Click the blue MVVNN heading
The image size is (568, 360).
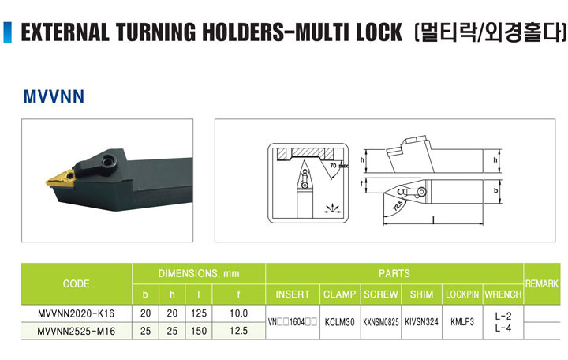(x=54, y=96)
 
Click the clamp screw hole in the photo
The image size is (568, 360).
(x=107, y=159)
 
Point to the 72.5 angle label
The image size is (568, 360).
(x=398, y=205)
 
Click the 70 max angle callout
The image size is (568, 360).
(x=338, y=166)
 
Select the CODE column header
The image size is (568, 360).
(x=76, y=283)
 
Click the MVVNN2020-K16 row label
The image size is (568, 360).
(x=76, y=313)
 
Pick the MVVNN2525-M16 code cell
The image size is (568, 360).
(x=76, y=331)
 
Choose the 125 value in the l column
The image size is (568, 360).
(x=199, y=313)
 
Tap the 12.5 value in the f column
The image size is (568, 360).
(x=238, y=331)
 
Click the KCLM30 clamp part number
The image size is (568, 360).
(x=339, y=322)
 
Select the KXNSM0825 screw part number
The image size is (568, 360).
(x=381, y=322)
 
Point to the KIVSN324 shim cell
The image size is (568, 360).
(x=421, y=322)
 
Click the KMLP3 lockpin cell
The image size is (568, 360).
(x=462, y=322)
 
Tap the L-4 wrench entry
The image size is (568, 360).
(x=503, y=328)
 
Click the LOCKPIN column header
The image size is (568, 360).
(x=462, y=294)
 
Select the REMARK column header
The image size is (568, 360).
(x=542, y=283)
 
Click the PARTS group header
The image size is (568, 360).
(x=394, y=273)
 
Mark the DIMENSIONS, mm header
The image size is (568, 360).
(x=199, y=273)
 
